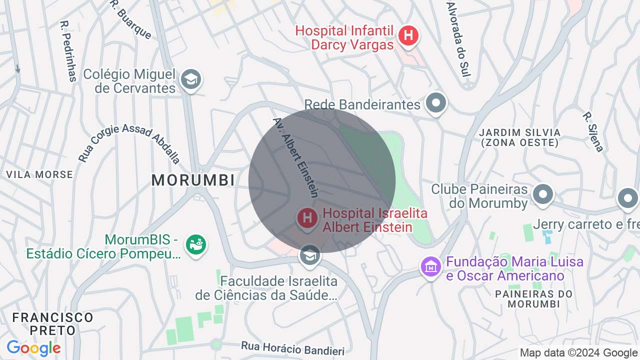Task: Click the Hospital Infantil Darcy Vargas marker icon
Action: click(408, 35)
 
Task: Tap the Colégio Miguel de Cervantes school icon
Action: click(190, 79)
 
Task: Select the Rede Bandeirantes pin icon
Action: click(436, 103)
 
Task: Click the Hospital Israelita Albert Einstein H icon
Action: click(307, 218)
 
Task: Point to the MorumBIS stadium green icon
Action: click(196, 244)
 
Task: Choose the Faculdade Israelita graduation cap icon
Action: click(310, 255)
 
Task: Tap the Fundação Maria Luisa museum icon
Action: click(430, 267)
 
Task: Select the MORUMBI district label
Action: click(193, 180)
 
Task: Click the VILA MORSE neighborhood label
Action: click(39, 174)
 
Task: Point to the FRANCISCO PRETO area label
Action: click(52, 323)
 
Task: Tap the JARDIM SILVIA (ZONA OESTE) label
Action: click(519, 137)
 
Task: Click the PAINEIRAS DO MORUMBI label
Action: click(533, 298)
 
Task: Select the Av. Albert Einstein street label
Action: click(296, 157)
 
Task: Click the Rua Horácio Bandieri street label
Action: click(293, 348)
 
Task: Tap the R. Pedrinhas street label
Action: click(68, 50)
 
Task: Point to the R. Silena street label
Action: click(593, 131)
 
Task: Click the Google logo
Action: click(33, 348)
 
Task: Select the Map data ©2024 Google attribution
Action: click(579, 353)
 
